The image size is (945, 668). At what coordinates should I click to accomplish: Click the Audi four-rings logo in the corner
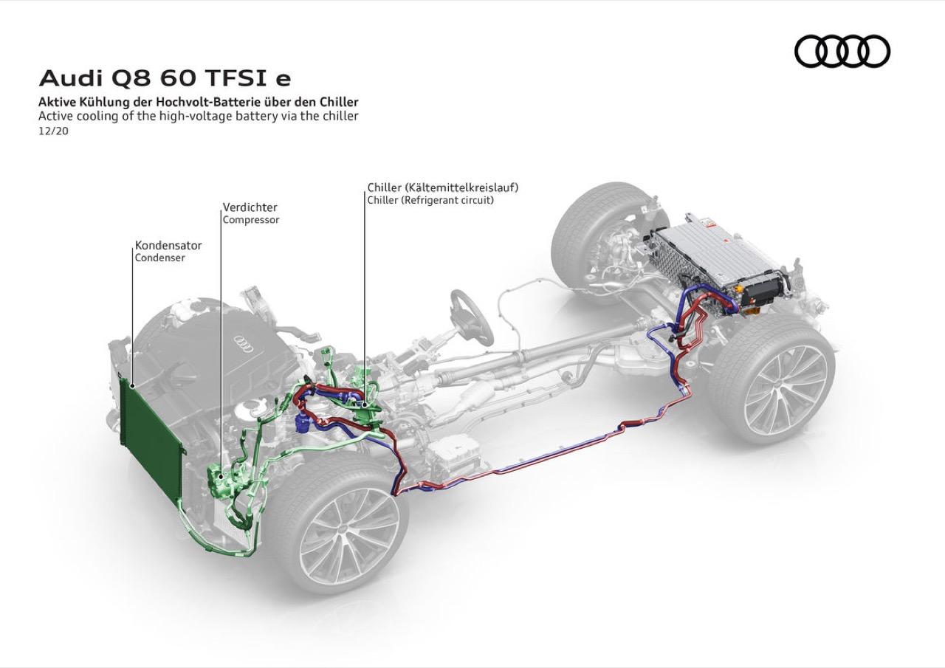click(842, 52)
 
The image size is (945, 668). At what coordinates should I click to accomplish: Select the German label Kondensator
click(168, 245)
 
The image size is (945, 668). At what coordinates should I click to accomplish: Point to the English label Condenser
click(159, 258)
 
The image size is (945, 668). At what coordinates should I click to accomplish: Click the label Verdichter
click(250, 207)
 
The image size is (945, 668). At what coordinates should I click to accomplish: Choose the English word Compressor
click(252, 220)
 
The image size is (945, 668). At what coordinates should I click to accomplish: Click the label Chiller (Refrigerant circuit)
click(430, 200)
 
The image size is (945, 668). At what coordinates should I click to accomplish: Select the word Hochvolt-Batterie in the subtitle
click(209, 102)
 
